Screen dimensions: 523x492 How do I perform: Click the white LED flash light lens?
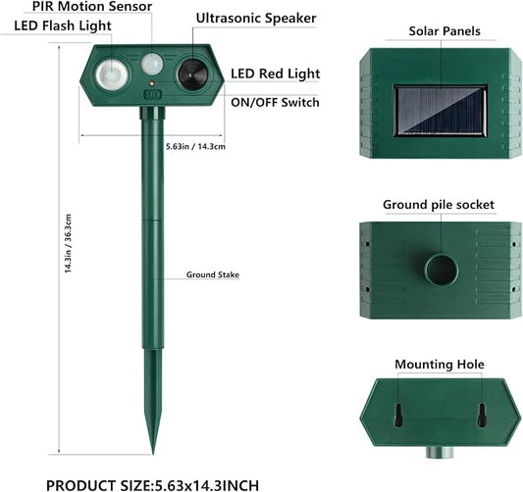[x=112, y=74]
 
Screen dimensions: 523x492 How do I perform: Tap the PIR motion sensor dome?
[x=152, y=64]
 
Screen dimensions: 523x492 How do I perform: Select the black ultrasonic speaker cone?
[x=192, y=74]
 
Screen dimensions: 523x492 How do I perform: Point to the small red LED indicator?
[x=152, y=82]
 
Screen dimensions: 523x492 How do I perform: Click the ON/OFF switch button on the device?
[x=152, y=95]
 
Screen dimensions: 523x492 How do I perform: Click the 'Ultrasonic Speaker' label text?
[x=256, y=19]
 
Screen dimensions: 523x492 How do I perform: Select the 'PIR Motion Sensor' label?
[x=92, y=6]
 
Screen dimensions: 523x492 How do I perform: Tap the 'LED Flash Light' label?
[x=63, y=26]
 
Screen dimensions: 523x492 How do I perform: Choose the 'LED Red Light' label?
[x=275, y=74]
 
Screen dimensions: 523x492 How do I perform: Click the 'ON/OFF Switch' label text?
[x=275, y=102]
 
